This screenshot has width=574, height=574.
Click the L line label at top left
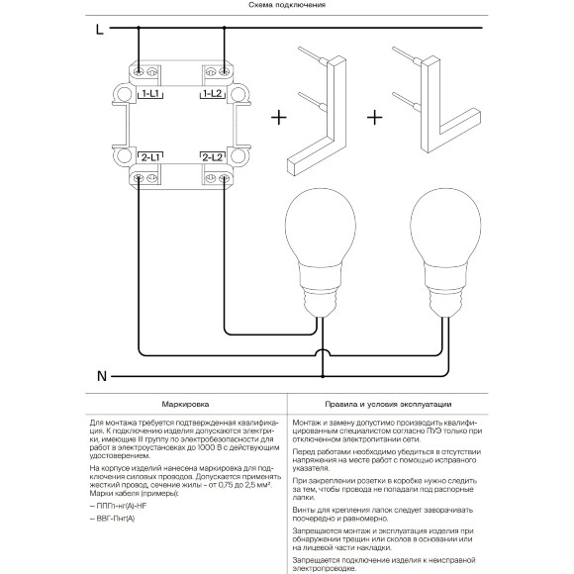tap(100, 30)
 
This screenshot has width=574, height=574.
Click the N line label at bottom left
tap(102, 376)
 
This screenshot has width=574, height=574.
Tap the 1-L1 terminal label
tap(150, 94)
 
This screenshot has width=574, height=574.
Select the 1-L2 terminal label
tap(213, 94)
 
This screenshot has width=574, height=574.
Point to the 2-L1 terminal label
tap(150, 157)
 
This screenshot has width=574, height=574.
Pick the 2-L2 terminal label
tap(213, 157)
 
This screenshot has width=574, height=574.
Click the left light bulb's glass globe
tap(321, 226)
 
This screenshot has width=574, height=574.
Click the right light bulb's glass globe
tap(445, 226)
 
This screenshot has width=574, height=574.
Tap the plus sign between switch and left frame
tap(279, 118)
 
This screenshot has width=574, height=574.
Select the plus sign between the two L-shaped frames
tap(374, 118)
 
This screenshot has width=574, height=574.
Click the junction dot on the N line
tap(323, 376)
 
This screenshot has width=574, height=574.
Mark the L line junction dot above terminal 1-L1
tap(139, 28)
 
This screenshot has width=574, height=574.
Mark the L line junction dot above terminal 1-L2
tap(224, 28)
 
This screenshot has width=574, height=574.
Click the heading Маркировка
tap(186, 405)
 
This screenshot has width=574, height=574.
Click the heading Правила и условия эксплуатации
tap(388, 405)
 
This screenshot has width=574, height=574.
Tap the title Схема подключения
tap(287, 5)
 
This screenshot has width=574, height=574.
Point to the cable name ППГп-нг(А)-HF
tap(116, 506)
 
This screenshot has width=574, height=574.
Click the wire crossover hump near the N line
tap(323, 351)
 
